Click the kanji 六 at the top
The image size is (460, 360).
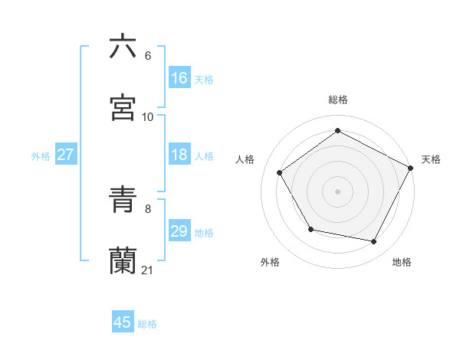point(123,47)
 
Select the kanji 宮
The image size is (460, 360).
point(123,108)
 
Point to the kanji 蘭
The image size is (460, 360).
point(123,261)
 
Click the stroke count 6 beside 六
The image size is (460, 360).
point(148,56)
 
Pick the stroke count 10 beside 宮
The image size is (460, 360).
point(148,117)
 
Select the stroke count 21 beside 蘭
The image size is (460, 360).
point(148,270)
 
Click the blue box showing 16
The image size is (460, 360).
point(179,78)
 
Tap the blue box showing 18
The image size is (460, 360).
point(179,155)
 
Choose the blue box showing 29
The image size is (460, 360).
point(179,231)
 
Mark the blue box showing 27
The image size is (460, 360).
point(65,155)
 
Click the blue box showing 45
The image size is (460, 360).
point(123,322)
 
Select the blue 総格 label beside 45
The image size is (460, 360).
point(148,324)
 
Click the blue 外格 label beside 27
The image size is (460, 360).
point(41,156)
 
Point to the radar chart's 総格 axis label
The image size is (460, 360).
point(338,100)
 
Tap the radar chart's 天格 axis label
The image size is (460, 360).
point(431,159)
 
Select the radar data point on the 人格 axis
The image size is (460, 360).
point(280,173)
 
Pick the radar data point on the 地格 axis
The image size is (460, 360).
point(374,241)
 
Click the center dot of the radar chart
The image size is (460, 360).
point(338,191)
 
